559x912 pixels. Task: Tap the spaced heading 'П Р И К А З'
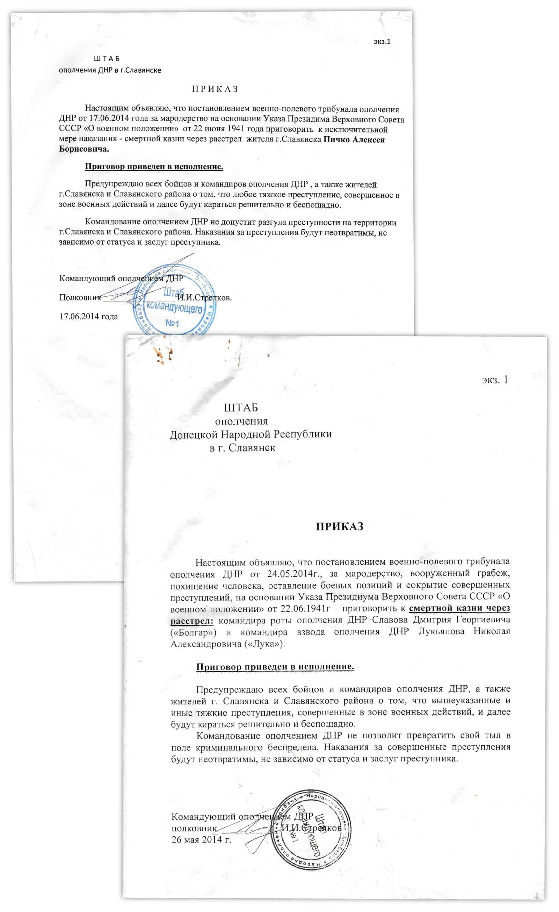(215, 89)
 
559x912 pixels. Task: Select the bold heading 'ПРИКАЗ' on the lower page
(340, 526)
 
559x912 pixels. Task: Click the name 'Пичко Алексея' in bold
(354, 139)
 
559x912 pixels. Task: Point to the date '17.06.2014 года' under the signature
(89, 317)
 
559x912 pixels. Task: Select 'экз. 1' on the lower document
(495, 380)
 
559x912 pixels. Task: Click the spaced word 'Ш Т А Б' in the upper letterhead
(107, 59)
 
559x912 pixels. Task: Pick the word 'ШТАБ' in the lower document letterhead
(241, 408)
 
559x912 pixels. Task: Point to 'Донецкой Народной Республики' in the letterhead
(251, 434)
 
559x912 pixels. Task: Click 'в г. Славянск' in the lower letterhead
(242, 448)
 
